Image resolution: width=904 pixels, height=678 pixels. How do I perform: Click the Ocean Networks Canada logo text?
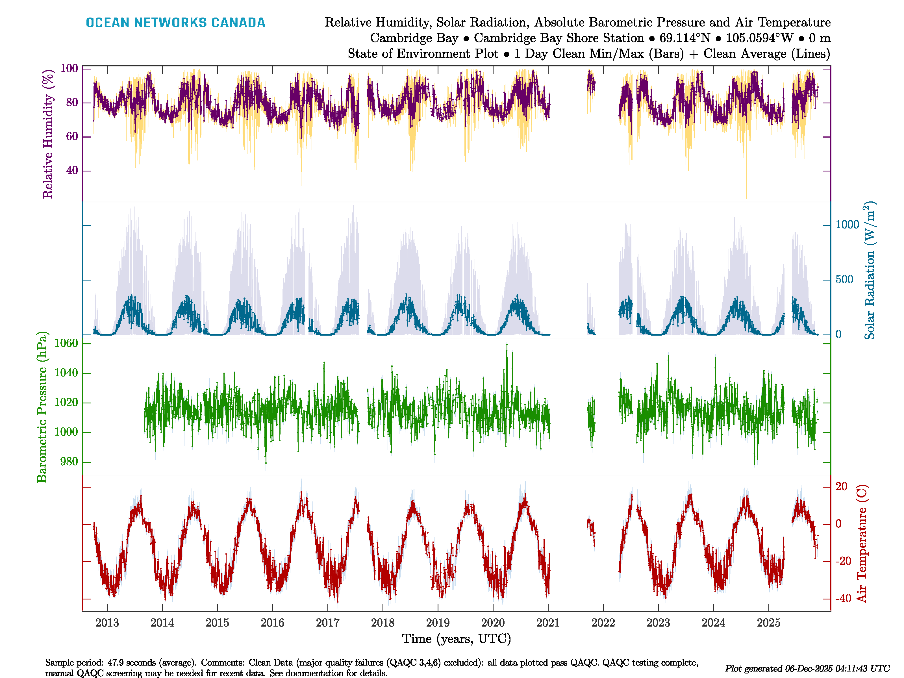click(x=175, y=23)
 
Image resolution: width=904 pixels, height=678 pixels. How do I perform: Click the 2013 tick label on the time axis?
click(x=107, y=623)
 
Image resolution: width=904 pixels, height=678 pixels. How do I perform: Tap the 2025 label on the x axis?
click(x=768, y=623)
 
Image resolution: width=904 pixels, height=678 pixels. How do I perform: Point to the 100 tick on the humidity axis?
click(x=69, y=68)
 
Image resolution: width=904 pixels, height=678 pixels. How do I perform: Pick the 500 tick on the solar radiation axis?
click(x=844, y=280)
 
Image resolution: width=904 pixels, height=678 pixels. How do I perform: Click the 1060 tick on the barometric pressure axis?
click(x=66, y=343)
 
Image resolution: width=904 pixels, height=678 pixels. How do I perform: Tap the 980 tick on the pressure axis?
click(x=69, y=462)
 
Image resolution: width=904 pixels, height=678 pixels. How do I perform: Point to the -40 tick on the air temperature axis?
click(x=843, y=599)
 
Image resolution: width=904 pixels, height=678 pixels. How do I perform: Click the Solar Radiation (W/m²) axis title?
click(x=870, y=271)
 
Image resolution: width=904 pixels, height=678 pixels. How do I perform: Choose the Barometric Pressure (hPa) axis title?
click(x=42, y=407)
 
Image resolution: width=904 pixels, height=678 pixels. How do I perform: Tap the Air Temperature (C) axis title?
click(x=862, y=544)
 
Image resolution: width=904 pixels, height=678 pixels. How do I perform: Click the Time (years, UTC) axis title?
click(x=457, y=639)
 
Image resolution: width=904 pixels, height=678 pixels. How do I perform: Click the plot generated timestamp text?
click(x=807, y=669)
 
